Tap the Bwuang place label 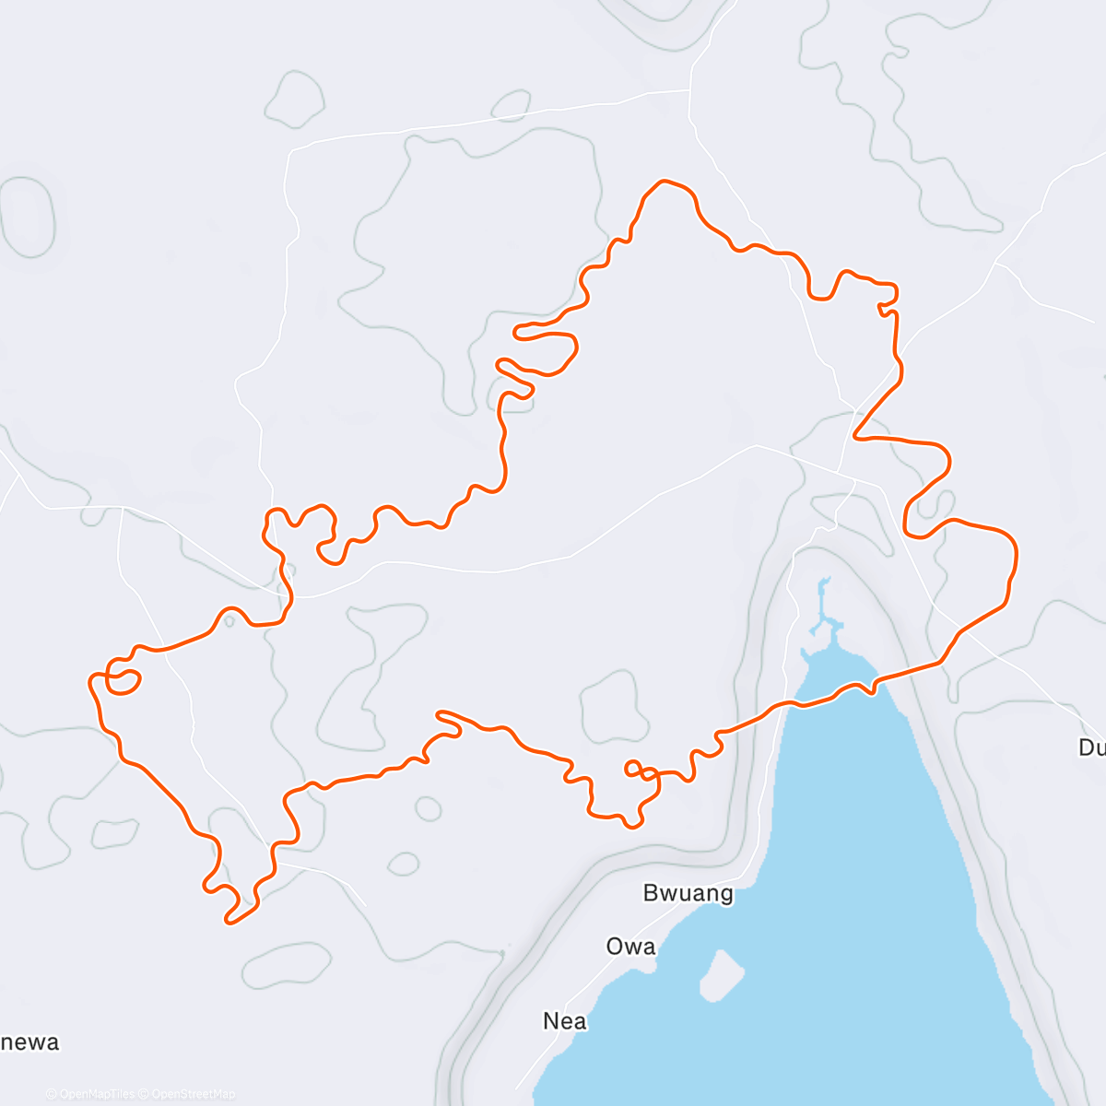click(x=688, y=893)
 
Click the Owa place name click(x=631, y=947)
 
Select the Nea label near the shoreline click(x=565, y=1021)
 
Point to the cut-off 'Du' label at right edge click(x=1091, y=747)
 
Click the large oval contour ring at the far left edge click(x=28, y=218)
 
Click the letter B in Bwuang click(x=651, y=893)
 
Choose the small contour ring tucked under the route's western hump click(x=229, y=620)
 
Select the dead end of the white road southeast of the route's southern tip click(x=366, y=905)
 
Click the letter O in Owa click(x=615, y=947)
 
